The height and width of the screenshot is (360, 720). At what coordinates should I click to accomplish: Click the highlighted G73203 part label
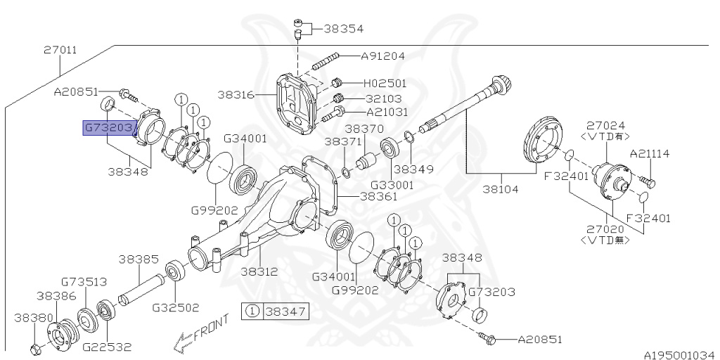pyautogui.click(x=108, y=128)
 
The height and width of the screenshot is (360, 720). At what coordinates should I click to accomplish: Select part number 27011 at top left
pyautogui.click(x=60, y=51)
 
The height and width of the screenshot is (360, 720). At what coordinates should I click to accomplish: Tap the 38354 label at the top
pyautogui.click(x=343, y=30)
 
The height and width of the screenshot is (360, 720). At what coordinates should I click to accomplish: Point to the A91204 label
pyautogui.click(x=383, y=56)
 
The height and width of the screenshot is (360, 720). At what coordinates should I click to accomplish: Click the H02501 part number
pyautogui.click(x=385, y=83)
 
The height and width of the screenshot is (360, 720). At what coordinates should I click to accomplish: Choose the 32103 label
pyautogui.click(x=383, y=98)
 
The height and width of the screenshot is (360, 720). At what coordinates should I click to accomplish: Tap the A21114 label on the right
pyautogui.click(x=650, y=153)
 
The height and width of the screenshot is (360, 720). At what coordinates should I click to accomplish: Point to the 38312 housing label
pyautogui.click(x=259, y=271)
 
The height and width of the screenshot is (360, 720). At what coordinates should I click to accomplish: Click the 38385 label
pyautogui.click(x=138, y=259)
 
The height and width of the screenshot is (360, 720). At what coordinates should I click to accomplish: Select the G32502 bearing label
pyautogui.click(x=175, y=307)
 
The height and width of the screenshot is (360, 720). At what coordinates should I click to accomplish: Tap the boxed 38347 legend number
pyautogui.click(x=285, y=310)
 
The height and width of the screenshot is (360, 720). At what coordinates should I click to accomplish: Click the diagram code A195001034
pyautogui.click(x=679, y=354)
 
